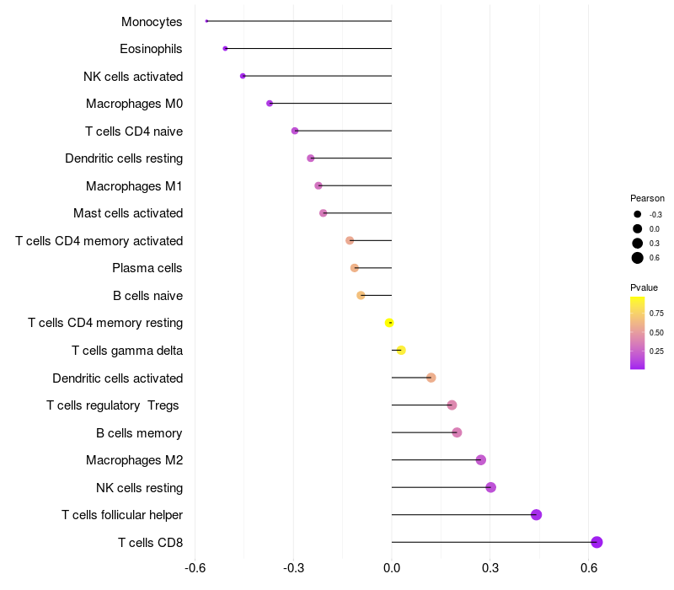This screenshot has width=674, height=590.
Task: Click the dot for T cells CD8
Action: tap(596, 542)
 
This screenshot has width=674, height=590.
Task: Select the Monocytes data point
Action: tap(206, 21)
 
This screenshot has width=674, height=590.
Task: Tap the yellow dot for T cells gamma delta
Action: tap(401, 350)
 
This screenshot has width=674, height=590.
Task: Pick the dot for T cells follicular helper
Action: tap(536, 515)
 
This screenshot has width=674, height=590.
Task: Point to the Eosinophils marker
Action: tap(225, 48)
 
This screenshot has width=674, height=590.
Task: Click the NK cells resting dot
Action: tap(490, 487)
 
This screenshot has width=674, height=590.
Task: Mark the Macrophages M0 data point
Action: tap(270, 104)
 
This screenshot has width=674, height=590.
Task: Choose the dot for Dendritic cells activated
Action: tap(431, 378)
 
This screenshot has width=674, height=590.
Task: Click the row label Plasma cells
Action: tap(147, 268)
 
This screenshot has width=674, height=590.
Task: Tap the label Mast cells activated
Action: tap(128, 213)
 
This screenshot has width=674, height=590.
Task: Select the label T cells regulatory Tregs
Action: tap(113, 405)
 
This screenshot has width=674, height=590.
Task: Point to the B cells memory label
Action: tap(139, 433)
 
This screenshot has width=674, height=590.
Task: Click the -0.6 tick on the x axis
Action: tap(195, 570)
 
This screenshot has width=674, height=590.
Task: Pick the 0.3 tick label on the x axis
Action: tap(490, 570)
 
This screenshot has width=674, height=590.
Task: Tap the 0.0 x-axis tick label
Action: tap(392, 570)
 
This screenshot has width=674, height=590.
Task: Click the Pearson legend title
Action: tap(647, 198)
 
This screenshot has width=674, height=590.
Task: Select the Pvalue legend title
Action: tap(644, 287)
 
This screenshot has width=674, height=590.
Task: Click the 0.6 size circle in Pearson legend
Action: tap(638, 258)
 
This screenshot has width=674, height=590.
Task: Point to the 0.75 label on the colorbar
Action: tap(656, 313)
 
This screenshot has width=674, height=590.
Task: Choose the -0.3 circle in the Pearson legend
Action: tap(638, 214)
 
